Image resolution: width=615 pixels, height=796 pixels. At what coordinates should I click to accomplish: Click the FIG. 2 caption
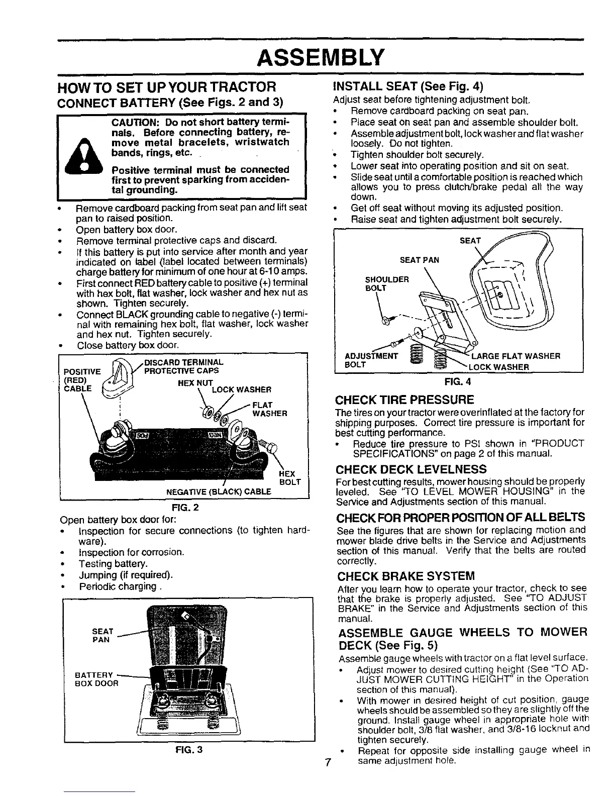pos(185,507)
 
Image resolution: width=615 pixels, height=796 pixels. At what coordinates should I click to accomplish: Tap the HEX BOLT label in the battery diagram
pos(288,477)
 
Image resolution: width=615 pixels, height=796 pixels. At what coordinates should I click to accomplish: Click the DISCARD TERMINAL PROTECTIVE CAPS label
pos(183,366)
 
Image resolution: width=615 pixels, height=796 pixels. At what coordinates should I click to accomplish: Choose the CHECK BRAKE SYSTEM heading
pos(406,575)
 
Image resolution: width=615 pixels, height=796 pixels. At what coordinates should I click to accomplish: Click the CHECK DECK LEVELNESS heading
pos(411,469)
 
